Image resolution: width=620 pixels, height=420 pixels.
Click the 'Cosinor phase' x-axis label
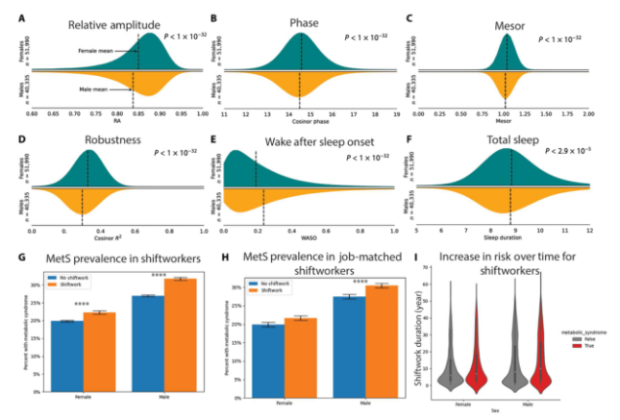(300, 121)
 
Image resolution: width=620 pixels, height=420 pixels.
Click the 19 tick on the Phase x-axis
(396, 113)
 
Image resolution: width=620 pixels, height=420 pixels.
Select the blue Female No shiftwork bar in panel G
(68, 355)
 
